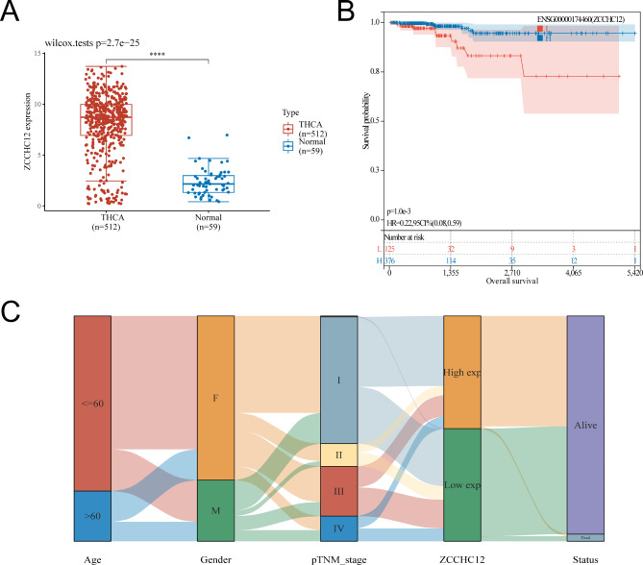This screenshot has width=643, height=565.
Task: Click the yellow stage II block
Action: coord(337,453)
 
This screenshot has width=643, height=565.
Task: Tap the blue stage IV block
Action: coord(337,528)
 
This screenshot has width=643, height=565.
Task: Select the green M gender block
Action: coord(215,510)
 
